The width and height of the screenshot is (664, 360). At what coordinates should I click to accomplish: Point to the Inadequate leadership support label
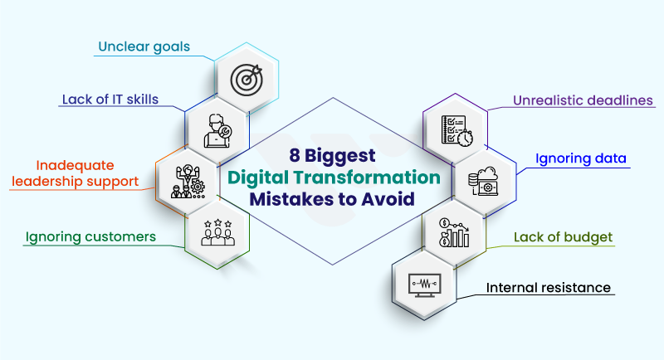(76, 173)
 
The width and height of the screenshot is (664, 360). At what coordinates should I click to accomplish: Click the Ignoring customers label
(90, 237)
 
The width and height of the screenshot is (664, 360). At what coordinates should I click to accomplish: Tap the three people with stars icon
(217, 232)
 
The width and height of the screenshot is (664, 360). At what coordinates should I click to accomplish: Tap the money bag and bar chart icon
(453, 233)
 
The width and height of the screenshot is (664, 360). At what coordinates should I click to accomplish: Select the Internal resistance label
(549, 289)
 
